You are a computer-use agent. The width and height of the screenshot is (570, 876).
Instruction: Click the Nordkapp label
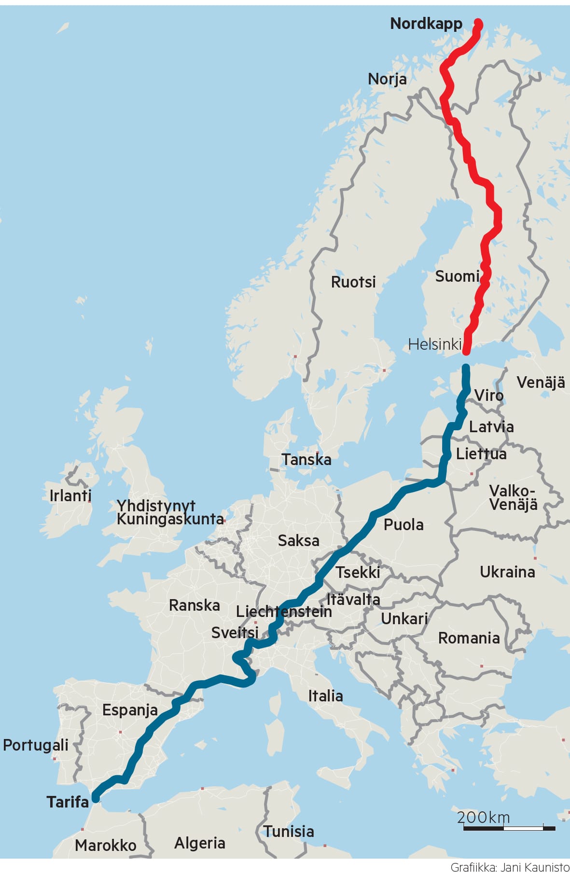click(426, 24)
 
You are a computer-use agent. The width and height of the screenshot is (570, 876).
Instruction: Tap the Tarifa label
click(68, 802)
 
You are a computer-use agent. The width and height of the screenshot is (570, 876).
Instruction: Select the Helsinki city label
click(434, 344)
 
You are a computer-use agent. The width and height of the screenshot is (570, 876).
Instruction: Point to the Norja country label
click(387, 79)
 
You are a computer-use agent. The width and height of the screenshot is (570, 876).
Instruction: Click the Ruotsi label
click(353, 282)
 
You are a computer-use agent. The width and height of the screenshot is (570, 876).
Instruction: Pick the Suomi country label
click(457, 276)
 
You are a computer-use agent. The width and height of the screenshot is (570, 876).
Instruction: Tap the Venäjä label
click(541, 383)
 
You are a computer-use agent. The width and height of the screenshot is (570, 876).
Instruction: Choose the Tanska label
click(306, 459)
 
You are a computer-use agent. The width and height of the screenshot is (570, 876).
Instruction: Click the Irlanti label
click(70, 495)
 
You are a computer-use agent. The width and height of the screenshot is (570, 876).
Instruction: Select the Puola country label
click(403, 524)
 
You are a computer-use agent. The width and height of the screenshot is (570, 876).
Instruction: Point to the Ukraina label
click(507, 572)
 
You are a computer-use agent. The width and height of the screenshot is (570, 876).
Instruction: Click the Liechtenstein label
click(284, 612)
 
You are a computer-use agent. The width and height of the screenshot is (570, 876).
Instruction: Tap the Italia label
click(326, 696)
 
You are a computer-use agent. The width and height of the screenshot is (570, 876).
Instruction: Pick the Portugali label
click(36, 745)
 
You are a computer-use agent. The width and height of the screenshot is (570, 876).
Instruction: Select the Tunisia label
click(289, 831)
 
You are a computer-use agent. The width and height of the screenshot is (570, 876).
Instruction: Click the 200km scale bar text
click(483, 817)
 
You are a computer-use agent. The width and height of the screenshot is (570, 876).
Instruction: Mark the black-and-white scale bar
click(509, 828)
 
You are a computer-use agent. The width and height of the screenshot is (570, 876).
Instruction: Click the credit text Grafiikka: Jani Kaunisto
click(510, 867)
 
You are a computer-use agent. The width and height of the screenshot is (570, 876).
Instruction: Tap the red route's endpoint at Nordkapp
click(478, 22)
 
